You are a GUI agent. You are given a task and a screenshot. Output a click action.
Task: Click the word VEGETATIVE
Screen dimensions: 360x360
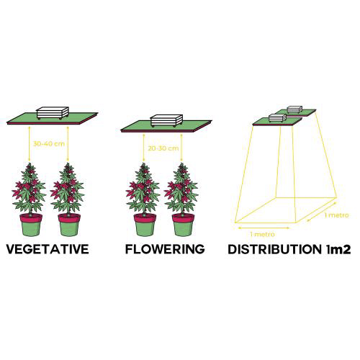coord(48,249)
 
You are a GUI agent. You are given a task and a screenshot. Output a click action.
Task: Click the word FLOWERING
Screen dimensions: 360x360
coord(165,249)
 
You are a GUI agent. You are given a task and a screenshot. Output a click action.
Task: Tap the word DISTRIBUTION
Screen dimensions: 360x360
coord(274,249)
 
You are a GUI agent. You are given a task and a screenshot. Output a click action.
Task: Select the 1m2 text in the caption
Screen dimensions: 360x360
coord(338,249)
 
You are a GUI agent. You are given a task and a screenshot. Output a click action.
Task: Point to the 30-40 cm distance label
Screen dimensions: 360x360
coord(49,144)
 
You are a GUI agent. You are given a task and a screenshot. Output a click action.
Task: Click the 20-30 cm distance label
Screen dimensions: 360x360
coord(163,148)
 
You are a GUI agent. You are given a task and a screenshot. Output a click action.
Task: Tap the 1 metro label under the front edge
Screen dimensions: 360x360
coord(262,234)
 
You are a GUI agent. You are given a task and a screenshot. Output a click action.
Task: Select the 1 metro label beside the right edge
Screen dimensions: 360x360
coord(336,215)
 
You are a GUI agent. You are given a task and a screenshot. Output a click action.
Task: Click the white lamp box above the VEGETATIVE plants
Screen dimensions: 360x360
coord(53,113)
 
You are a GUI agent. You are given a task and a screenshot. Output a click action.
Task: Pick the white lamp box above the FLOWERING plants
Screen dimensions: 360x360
coord(166,120)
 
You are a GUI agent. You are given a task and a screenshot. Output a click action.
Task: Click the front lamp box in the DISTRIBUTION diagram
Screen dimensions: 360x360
coord(278,118)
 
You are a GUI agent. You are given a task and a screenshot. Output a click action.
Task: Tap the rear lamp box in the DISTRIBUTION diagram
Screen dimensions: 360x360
coord(295,109)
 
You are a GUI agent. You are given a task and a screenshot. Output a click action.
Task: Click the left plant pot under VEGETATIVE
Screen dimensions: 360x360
coord(31,225)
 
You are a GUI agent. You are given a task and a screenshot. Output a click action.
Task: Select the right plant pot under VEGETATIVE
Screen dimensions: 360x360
coord(69,225)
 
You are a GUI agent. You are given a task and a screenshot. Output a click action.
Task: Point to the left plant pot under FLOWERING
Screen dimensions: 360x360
coord(145,225)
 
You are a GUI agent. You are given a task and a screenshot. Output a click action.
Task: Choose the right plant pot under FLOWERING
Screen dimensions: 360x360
coord(183,225)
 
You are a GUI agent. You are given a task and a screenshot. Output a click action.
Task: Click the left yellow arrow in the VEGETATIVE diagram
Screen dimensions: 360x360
coord(30,144)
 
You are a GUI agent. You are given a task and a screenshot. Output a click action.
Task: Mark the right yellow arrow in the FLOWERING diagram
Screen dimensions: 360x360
coord(181,148)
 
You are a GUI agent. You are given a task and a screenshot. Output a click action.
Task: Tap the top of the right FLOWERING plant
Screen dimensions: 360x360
coord(182,163)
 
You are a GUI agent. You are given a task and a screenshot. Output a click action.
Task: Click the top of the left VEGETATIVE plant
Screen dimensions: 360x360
coord(30,163)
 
